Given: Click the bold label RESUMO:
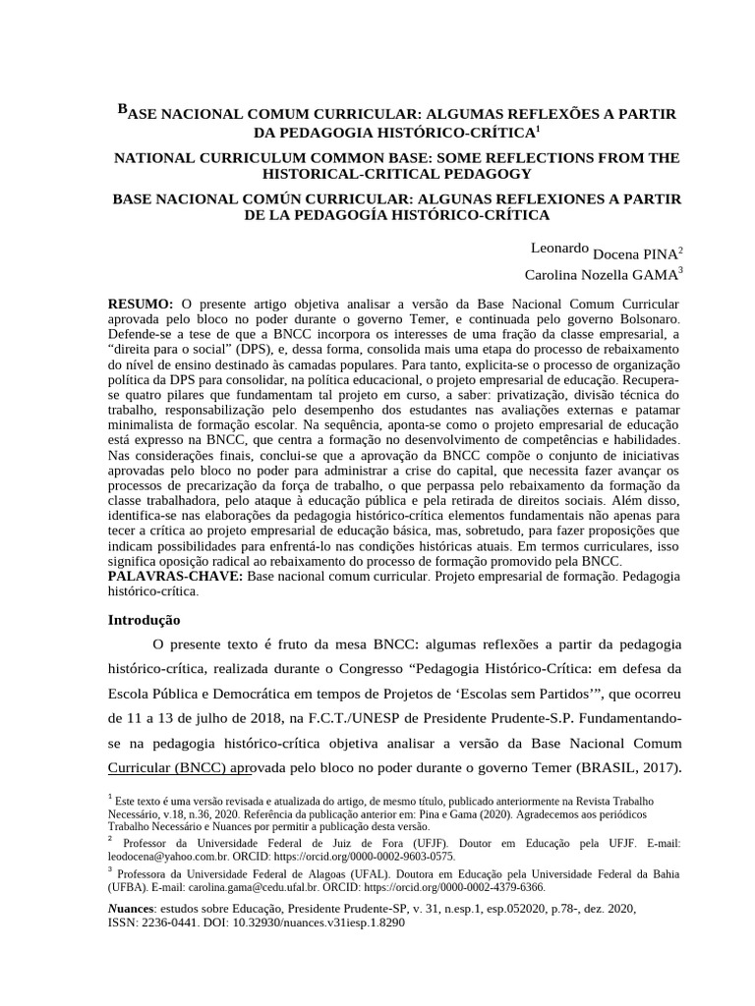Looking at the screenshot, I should coord(141,306).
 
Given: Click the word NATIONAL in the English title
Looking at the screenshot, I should coord(155,158).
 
